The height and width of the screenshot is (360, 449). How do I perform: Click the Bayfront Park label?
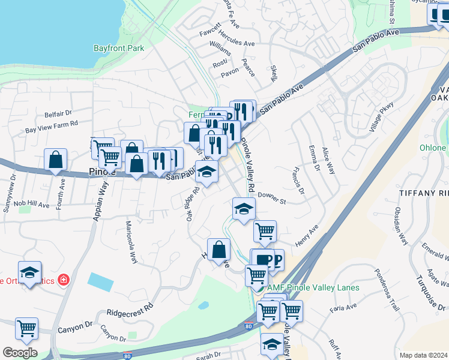(119, 48)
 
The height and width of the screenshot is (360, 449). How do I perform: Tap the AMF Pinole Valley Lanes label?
(313, 287)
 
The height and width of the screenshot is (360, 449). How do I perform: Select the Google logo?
(20, 353)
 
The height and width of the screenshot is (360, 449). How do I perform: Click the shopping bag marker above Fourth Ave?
(55, 160)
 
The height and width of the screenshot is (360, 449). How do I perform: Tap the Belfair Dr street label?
(58, 113)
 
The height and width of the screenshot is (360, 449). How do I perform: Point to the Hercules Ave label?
(237, 43)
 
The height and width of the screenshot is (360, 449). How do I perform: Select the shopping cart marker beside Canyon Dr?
(26, 328)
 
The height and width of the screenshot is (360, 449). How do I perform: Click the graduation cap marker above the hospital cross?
(29, 272)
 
